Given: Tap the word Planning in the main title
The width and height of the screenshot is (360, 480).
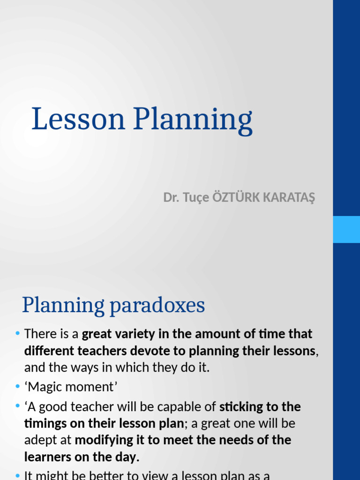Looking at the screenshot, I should click(193, 120).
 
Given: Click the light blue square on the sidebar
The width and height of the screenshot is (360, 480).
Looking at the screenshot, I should click(346, 229).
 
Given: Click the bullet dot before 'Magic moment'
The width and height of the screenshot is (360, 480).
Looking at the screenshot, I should click(17, 387).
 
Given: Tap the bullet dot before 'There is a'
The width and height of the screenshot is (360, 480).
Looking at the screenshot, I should click(17, 334).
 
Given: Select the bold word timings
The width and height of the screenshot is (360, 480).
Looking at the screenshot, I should click(44, 423).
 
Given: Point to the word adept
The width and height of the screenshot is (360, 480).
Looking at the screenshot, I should click(39, 440).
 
